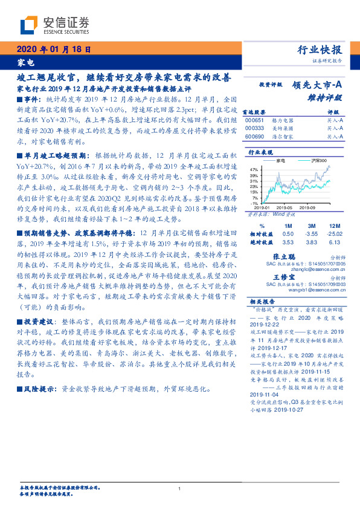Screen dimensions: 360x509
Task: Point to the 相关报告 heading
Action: pos(262,301)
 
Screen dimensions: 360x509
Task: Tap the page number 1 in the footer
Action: pos(180,488)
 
